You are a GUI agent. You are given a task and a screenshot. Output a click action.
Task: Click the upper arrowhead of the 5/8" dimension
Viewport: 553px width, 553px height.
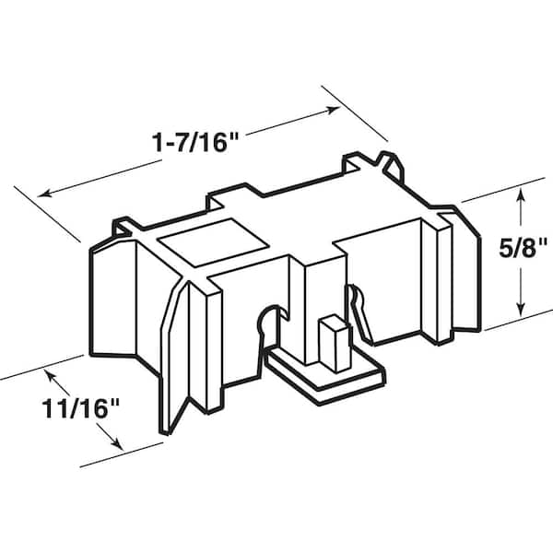coord(522,193)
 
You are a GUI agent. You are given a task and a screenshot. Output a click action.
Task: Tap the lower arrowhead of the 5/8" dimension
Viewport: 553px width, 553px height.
coord(522,310)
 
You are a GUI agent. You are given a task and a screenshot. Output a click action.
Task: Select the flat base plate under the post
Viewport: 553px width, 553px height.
coord(323,372)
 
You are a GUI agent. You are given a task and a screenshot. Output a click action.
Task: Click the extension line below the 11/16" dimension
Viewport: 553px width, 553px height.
coord(120,456)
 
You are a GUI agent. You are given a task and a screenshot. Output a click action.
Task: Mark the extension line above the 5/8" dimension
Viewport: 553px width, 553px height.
coord(502,189)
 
